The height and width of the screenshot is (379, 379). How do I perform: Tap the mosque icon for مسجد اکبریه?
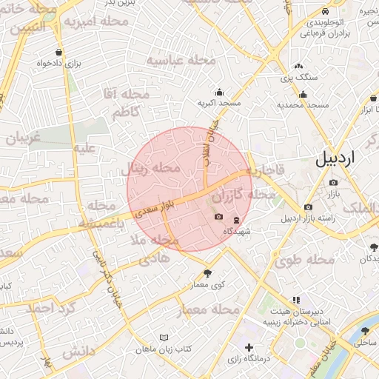[x=219, y=93]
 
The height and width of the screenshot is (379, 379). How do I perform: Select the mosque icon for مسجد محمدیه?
[x=303, y=94]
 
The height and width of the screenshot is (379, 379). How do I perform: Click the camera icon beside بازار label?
[x=333, y=182]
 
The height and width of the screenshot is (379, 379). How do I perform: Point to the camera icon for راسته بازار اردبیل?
[x=308, y=207]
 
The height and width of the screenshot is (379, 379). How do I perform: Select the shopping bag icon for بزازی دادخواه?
[x=58, y=53]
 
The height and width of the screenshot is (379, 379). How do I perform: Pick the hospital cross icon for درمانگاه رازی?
[x=249, y=347]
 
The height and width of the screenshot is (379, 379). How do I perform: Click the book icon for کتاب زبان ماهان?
[x=164, y=337]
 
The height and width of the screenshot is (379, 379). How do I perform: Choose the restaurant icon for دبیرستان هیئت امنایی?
[x=296, y=300]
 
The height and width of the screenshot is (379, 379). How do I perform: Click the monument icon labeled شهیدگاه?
[x=236, y=220]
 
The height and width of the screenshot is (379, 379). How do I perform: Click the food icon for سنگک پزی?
[x=298, y=66]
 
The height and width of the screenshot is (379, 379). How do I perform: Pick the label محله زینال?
[x=151, y=170]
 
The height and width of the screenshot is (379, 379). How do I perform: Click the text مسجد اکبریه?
[x=219, y=104]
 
